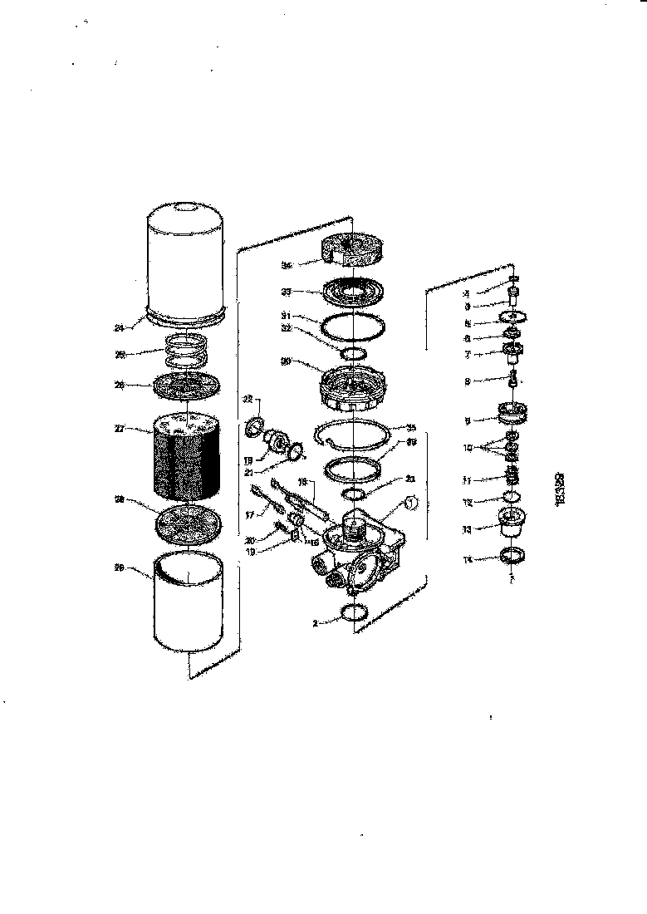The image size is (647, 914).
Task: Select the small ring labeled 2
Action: tap(355, 615)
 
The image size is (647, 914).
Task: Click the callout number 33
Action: tap(286, 292)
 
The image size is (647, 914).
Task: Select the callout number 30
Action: tap(286, 361)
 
